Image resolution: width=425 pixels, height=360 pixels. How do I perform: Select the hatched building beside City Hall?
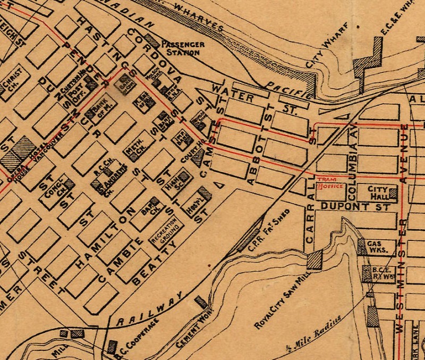pyautogui.click(x=393, y=193)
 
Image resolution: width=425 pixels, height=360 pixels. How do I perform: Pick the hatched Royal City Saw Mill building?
pyautogui.click(x=314, y=260)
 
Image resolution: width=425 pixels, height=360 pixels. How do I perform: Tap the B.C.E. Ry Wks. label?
pyautogui.click(x=380, y=273)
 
